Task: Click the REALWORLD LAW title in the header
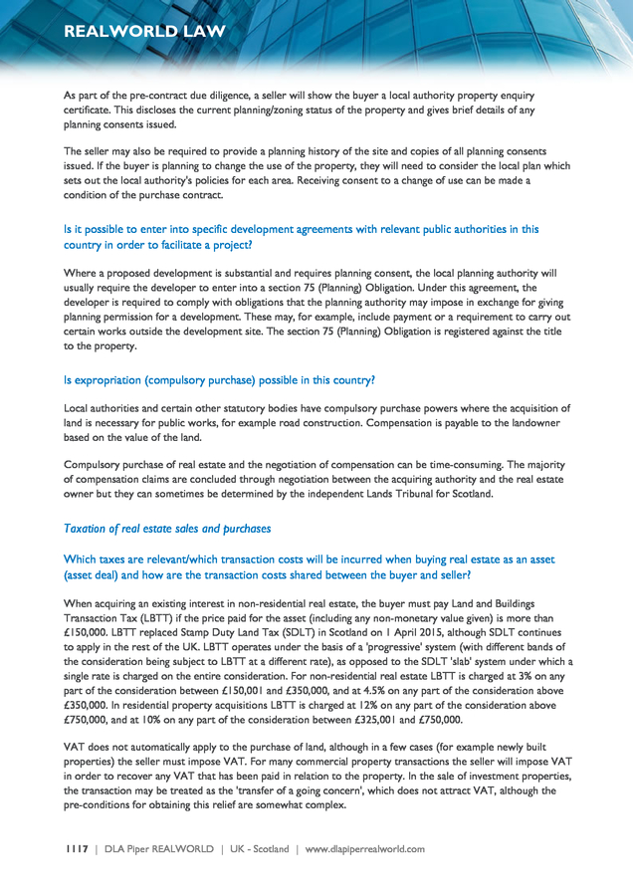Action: (143, 31)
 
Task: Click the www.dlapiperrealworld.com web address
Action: (364, 849)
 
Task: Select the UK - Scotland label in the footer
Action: (261, 849)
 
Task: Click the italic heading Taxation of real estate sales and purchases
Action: (166, 529)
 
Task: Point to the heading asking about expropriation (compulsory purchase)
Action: (218, 379)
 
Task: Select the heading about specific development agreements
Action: (301, 236)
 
